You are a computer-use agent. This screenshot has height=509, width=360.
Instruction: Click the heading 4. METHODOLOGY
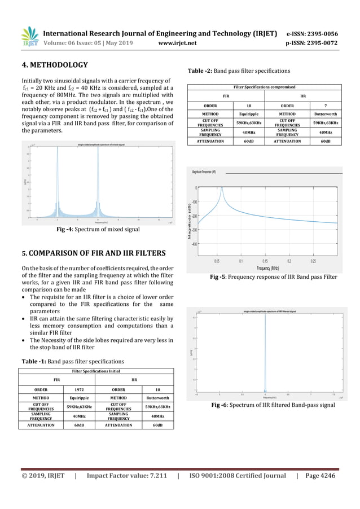54,65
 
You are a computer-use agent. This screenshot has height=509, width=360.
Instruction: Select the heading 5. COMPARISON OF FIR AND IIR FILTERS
93,252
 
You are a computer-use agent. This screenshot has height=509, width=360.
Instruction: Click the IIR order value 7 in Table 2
324,105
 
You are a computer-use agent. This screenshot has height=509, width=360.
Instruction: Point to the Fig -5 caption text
273,277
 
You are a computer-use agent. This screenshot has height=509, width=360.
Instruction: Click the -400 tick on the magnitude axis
194,244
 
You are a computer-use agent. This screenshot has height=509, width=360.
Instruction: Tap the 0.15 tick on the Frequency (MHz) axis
265,262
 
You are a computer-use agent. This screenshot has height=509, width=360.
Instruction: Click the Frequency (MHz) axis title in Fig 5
268,269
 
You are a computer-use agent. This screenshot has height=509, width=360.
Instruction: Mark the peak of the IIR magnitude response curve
222,188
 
